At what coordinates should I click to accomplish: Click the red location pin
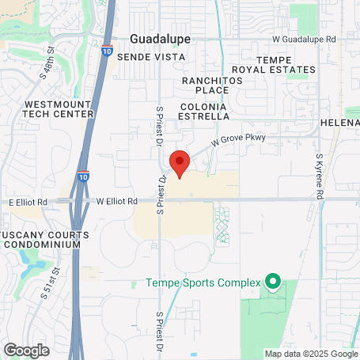[x=180, y=163]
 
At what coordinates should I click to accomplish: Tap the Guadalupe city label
[x=160, y=39]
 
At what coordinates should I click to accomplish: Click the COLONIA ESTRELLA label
[x=204, y=110]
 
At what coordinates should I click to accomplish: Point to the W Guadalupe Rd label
[x=304, y=38]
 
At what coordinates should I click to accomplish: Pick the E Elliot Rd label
[x=28, y=203]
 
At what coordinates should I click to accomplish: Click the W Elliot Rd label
[x=117, y=202]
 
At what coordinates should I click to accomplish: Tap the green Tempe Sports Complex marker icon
[x=273, y=281]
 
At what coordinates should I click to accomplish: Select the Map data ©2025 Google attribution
[x=310, y=354]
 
